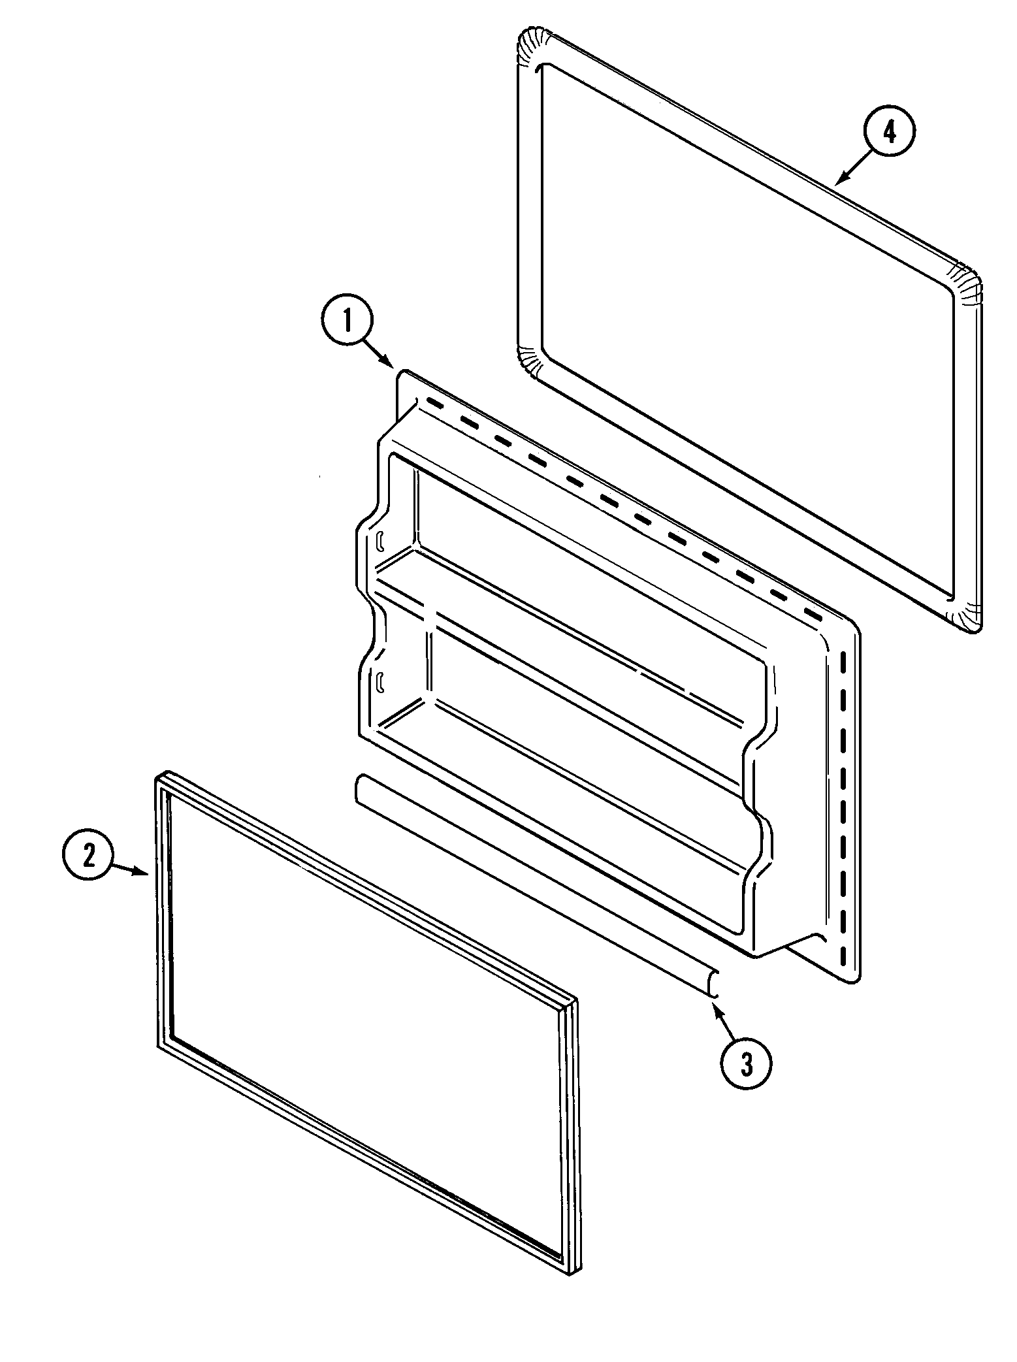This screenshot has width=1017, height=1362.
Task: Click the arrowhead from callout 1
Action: (391, 365)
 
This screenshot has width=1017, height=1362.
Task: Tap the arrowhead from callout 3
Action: (715, 1009)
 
